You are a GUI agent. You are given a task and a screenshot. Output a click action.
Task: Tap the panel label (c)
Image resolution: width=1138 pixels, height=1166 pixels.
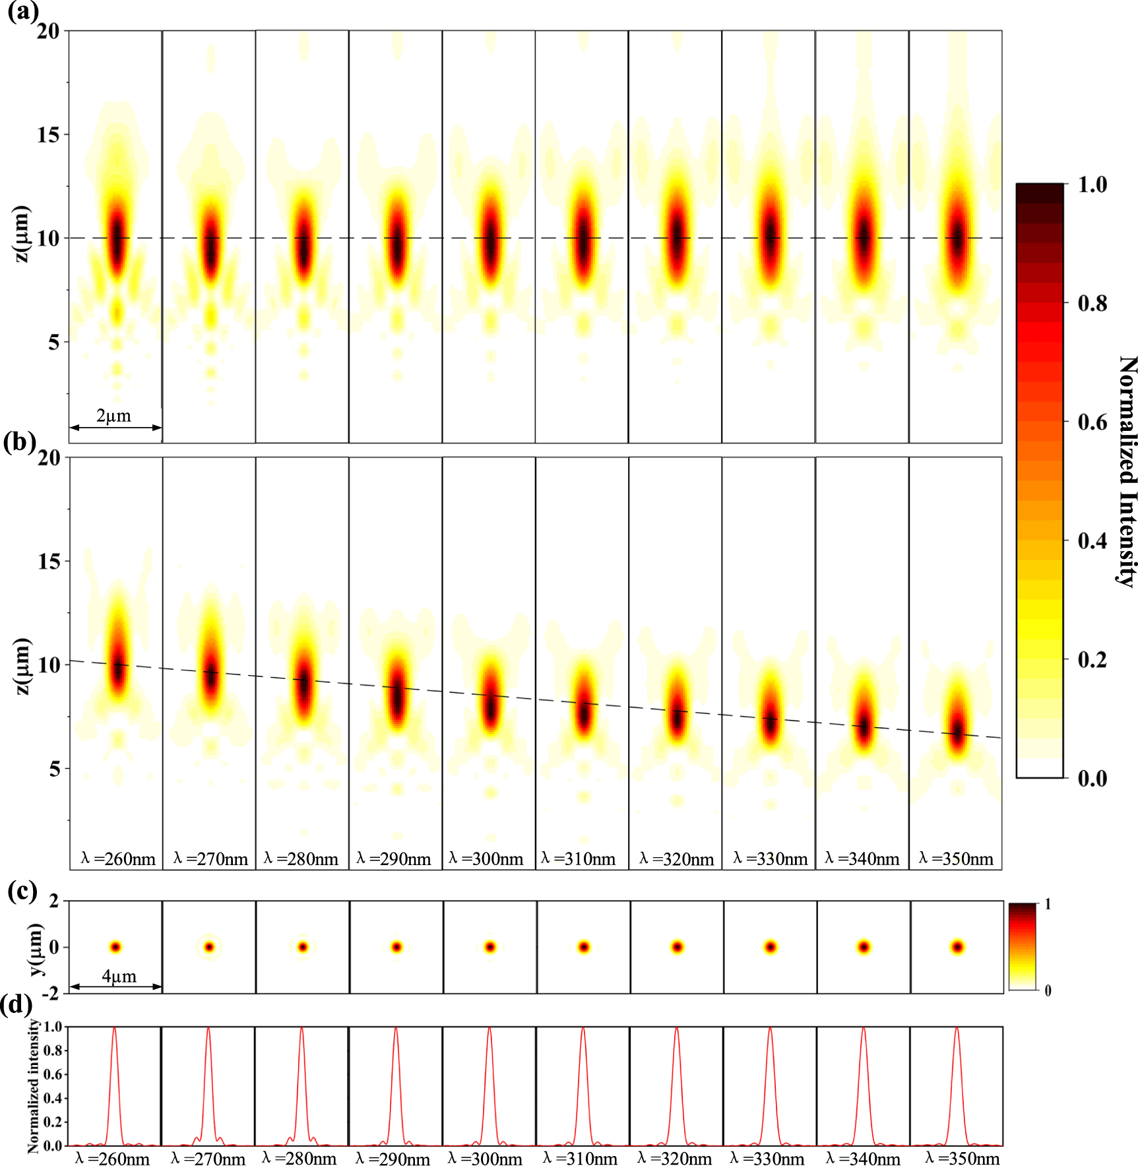22,891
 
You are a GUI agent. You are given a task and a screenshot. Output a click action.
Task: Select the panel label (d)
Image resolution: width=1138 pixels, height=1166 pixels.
17,1004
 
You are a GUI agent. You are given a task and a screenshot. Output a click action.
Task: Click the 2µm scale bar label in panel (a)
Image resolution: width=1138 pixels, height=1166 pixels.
114,416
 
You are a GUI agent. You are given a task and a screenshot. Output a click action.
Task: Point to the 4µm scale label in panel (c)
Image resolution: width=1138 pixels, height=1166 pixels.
119,976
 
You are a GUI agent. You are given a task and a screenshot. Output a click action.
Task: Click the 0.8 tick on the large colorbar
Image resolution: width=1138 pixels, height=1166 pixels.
1092,303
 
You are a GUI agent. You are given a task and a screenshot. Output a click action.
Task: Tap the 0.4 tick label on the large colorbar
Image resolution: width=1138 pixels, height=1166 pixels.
1092,540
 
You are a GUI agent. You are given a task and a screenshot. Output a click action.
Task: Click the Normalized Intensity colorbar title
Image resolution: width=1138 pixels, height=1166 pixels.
1127,471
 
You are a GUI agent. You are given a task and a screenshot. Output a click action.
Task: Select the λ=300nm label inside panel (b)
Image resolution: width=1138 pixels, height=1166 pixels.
486,858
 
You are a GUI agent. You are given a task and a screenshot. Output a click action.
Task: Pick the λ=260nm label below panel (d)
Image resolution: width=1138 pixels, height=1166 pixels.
113,1158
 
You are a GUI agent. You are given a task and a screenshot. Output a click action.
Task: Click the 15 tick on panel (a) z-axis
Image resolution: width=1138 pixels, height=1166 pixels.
48,135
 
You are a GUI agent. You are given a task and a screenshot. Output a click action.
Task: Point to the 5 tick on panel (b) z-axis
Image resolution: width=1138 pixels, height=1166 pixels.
54,769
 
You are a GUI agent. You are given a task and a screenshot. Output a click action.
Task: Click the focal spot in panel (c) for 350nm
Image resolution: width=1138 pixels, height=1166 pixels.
957,947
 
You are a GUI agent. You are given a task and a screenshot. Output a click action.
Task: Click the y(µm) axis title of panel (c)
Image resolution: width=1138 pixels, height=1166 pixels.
35,949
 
